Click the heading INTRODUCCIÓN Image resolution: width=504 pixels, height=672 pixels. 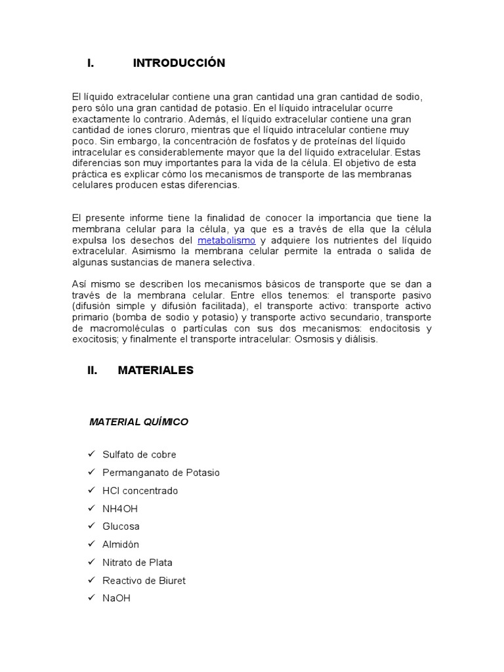coord(178,64)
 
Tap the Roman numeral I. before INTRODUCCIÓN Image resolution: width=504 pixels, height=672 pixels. coord(91,64)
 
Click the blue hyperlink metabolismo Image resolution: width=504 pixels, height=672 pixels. coord(226,241)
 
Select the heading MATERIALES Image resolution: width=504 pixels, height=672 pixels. coord(156,370)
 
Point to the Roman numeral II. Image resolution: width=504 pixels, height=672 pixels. coord(92,370)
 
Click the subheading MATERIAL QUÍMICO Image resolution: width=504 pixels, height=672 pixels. coord(138,422)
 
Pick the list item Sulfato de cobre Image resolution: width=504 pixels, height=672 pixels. coord(139,455)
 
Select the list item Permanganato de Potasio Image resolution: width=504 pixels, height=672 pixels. coord(161,472)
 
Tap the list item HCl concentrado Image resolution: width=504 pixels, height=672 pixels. coord(140,491)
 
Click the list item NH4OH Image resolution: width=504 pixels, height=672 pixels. coord(120,509)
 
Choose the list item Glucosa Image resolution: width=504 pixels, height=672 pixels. coord(121,526)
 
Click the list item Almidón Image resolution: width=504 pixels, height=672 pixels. coord(121,545)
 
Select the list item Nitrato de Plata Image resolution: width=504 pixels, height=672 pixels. coord(137,562)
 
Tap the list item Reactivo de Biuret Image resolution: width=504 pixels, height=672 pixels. coord(144,581)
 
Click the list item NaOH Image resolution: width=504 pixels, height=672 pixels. coord(116,598)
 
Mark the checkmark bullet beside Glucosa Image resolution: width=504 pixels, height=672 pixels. coord(91,526)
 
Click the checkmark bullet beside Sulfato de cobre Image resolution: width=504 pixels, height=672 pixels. coord(91,454)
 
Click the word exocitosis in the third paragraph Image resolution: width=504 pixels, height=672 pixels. coord(94,340)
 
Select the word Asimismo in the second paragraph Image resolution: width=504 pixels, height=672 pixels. coord(152,251)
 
